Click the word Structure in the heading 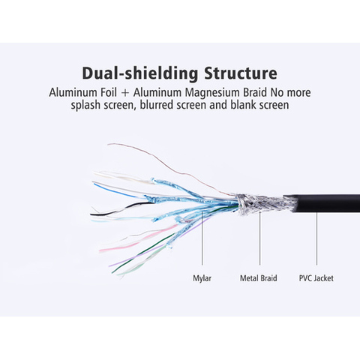click(241, 73)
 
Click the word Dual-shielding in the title click(140, 73)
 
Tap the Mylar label click(202, 278)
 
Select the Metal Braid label click(259, 278)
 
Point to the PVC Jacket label click(316, 278)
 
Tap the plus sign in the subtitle click(125, 93)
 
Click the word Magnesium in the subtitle click(213, 93)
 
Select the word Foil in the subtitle click(108, 92)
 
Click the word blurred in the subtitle click(157, 105)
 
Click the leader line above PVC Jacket click(316, 238)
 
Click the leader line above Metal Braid click(259, 238)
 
